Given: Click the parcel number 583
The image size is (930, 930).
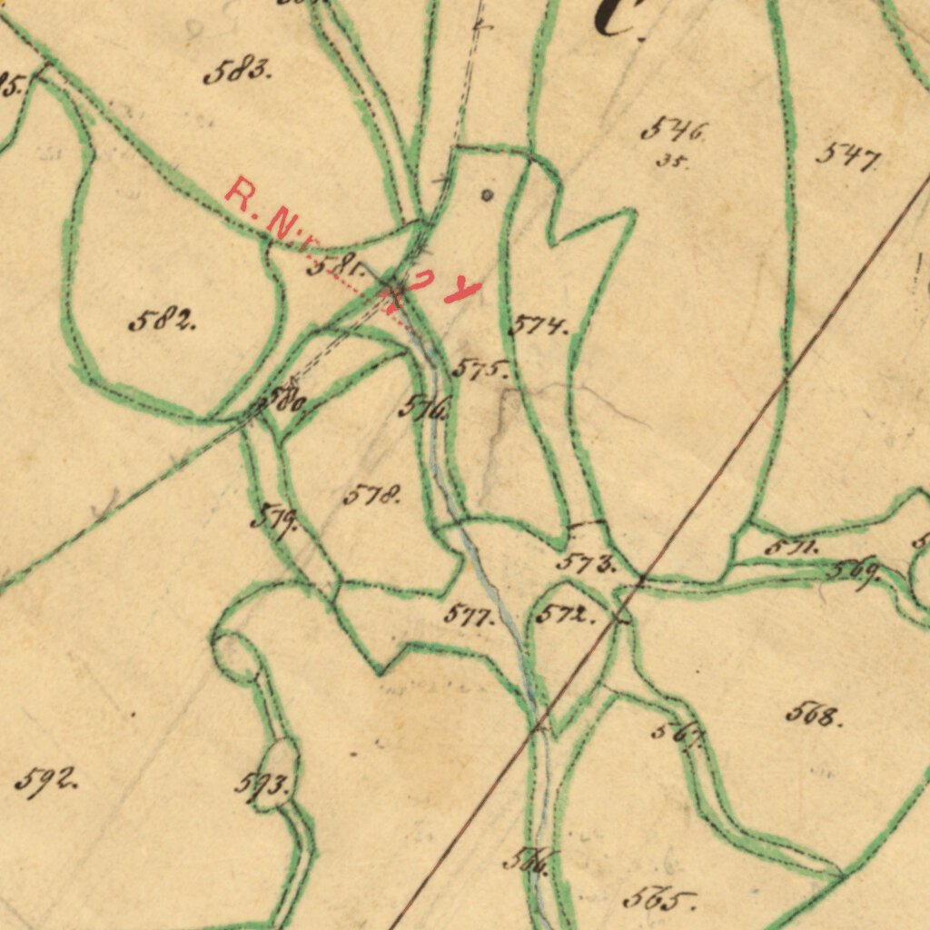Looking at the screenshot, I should coord(237,71).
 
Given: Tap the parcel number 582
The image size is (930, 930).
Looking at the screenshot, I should coord(162,320).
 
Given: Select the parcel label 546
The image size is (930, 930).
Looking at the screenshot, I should coord(673,131).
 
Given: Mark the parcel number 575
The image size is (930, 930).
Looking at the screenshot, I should coord(479,369).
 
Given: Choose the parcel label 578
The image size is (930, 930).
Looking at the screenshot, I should coord(371,496).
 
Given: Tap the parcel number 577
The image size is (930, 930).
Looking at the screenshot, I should coord(469,615).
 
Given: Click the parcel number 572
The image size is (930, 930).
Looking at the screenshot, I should coord(564,615).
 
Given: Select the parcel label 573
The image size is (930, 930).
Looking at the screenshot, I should coord(586,563).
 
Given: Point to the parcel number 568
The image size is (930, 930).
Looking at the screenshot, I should coord(813,716).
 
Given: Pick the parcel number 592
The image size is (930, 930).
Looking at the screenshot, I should coord(45,780).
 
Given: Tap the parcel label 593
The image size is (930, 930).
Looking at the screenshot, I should coord(262,784).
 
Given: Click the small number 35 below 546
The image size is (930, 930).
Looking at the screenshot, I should coord(672,163).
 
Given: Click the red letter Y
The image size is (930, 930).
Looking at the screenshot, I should coord(465,291).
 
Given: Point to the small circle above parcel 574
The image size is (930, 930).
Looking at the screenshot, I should coord(488,193).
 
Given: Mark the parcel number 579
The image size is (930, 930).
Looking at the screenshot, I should coord(275,520).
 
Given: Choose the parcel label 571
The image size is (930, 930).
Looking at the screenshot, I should coord(791,548).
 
